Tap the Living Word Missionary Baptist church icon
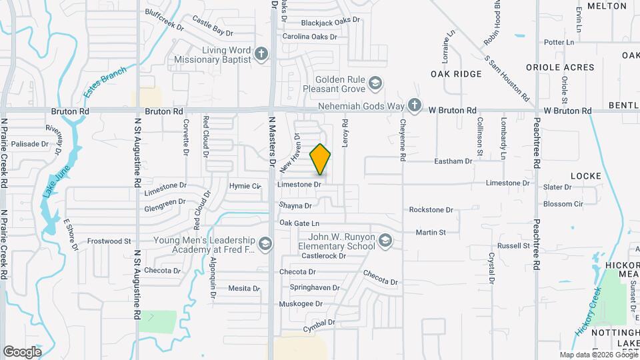pos(261,53)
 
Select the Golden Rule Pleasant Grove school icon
pos(375,83)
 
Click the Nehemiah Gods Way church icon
pos(415,105)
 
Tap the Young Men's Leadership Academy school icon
pos(266,244)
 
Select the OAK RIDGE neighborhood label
pos(456,74)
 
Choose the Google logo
pos(22,352)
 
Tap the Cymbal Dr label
pos(317,324)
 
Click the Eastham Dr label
pos(453,161)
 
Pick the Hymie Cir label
pos(244,186)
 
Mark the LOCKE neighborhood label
pos(586,176)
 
